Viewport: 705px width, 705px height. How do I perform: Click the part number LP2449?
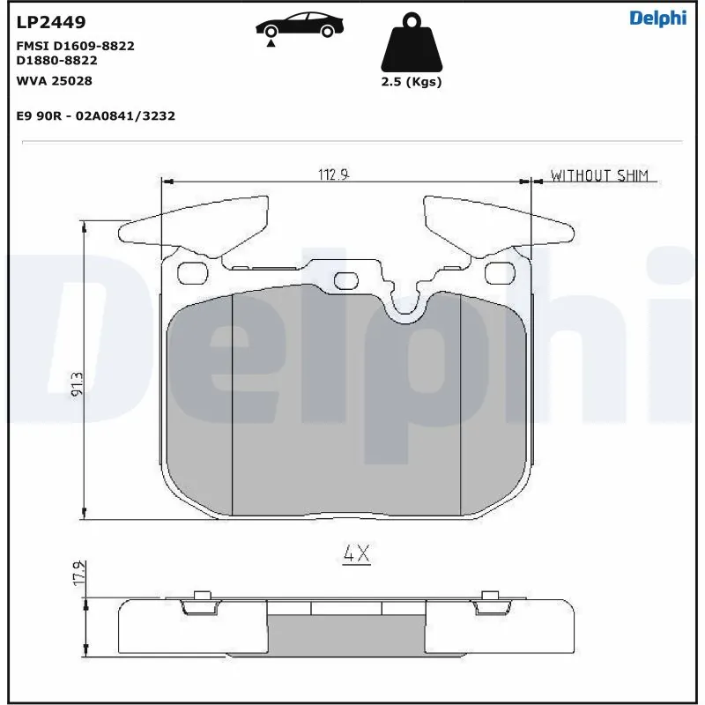pyautogui.click(x=51, y=21)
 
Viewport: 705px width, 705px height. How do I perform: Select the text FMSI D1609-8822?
pyautogui.click(x=76, y=45)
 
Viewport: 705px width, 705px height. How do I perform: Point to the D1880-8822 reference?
pyautogui.click(x=57, y=60)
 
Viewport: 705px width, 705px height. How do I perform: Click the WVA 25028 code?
pyautogui.click(x=55, y=80)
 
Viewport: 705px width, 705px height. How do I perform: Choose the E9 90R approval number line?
pyautogui.click(x=96, y=115)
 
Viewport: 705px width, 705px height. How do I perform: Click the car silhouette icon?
pyautogui.click(x=299, y=26)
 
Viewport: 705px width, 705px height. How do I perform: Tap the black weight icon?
pyautogui.click(x=411, y=43)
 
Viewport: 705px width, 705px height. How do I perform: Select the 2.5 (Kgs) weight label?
pyautogui.click(x=411, y=82)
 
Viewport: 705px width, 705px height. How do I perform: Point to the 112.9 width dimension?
pyautogui.click(x=335, y=174)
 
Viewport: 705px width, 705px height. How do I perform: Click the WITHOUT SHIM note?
pyautogui.click(x=599, y=175)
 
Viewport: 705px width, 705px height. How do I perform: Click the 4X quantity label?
pyautogui.click(x=356, y=554)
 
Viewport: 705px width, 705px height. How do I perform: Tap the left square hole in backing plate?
pyautogui.click(x=189, y=274)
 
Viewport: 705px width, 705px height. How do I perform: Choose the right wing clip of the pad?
pyautogui.click(x=502, y=225)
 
